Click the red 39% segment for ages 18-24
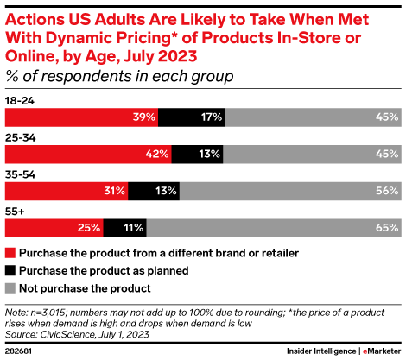[x=81, y=117]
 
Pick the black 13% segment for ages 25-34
[x=197, y=154]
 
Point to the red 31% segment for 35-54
[x=67, y=191]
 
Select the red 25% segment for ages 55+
[x=54, y=228]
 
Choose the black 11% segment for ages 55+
[x=125, y=228]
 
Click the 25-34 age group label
[x=20, y=137]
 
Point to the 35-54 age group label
[x=20, y=174]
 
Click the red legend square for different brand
[x=10, y=253]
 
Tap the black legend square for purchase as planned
[x=10, y=269]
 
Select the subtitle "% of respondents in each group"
[x=119, y=76]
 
